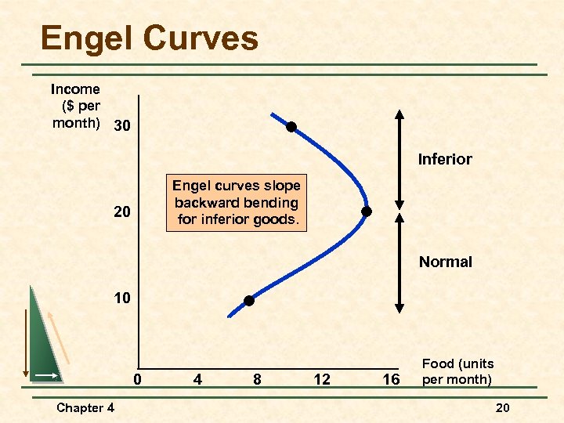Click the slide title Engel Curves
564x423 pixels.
click(149, 38)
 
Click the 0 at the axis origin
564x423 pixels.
click(137, 380)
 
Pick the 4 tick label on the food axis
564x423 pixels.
click(198, 380)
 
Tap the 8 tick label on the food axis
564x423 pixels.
click(258, 380)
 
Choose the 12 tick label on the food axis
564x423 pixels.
click(321, 380)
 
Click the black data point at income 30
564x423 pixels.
click(291, 127)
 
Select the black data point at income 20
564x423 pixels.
click(366, 211)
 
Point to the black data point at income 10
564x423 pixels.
click(249, 301)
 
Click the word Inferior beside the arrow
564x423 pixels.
click(445, 160)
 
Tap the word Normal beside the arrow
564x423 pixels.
click(445, 262)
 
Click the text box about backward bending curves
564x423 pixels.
click(237, 202)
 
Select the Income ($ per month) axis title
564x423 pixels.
click(75, 107)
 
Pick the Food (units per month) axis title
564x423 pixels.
click(458, 371)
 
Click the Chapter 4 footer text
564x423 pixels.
click(85, 407)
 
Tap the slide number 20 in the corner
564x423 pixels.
click(503, 407)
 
